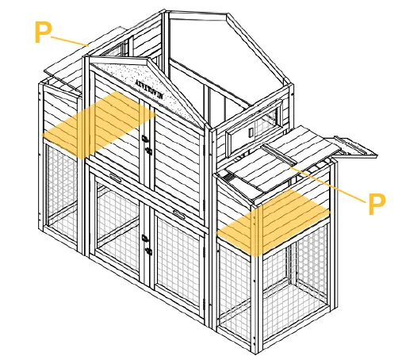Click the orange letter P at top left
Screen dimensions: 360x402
tap(44, 32)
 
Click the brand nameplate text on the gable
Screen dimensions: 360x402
tap(152, 85)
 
